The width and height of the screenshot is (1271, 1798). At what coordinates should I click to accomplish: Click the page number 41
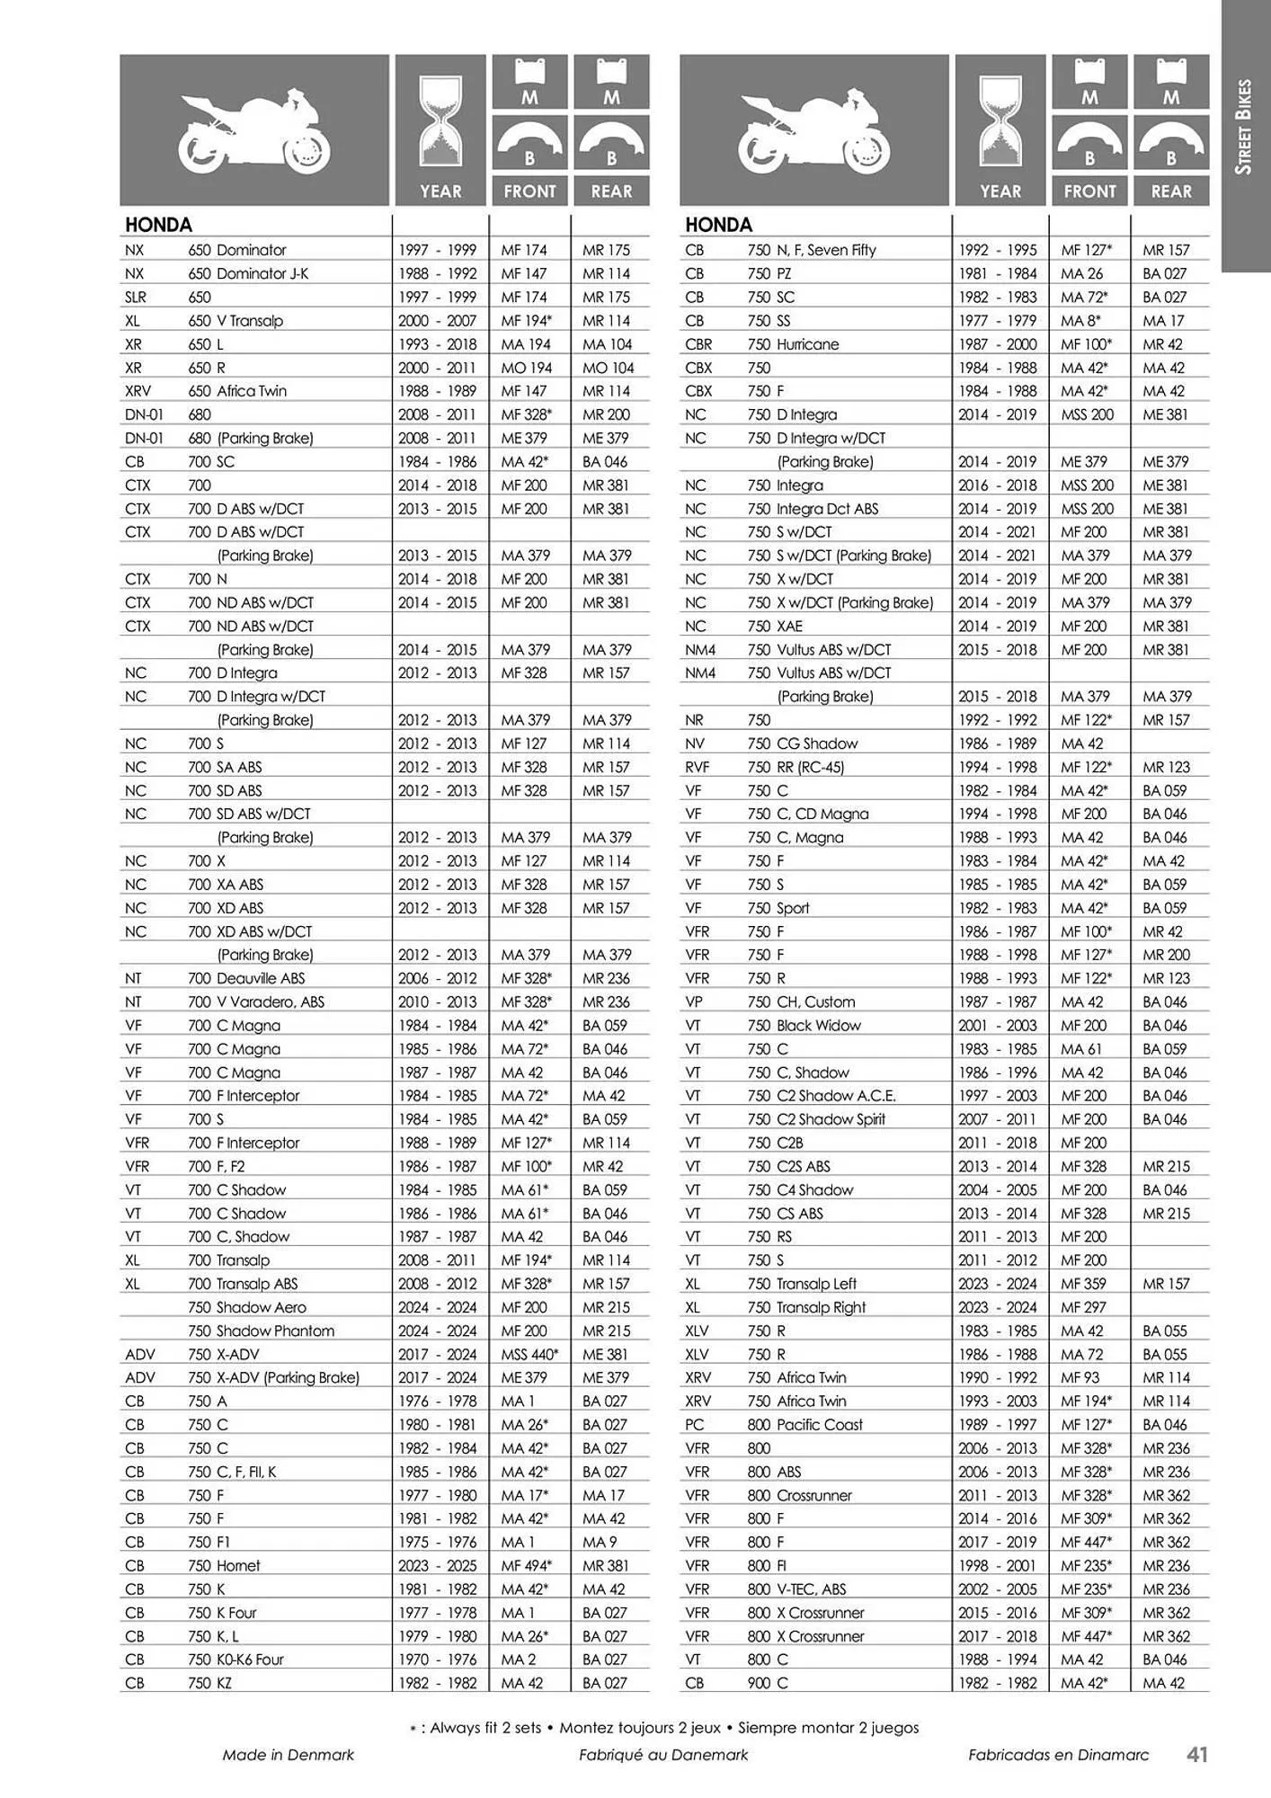coord(1196,1754)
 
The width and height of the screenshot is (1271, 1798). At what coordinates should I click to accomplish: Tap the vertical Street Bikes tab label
coord(1244,127)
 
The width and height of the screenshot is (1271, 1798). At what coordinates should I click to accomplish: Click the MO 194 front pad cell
coord(525,368)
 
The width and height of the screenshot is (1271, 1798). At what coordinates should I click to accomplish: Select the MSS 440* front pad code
coord(529,1354)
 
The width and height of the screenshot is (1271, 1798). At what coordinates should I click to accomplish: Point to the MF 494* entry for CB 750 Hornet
coord(527,1565)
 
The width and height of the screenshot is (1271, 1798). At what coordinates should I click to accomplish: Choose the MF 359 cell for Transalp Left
coord(1083,1284)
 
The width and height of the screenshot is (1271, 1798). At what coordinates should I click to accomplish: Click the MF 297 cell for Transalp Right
coord(1083,1307)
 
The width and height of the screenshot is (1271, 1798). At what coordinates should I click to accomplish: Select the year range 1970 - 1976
coord(438,1660)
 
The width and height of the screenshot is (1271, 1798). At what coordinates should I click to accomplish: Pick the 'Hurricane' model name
coord(807,344)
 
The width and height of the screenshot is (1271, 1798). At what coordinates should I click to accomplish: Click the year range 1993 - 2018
coord(438,344)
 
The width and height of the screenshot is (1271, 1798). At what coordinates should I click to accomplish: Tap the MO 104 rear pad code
coord(608,368)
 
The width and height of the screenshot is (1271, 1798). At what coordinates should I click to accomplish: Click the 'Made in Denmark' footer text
coord(289,1754)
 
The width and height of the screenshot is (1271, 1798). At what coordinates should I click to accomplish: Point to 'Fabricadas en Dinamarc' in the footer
coord(1058,1754)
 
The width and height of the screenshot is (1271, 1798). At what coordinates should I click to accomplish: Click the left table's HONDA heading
coord(159,225)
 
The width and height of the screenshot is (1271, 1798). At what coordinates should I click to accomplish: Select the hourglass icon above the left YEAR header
coord(440,124)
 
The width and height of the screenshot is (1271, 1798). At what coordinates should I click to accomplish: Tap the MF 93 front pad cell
coord(1080,1377)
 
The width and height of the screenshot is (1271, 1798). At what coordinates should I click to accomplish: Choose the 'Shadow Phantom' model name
coord(275,1331)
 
